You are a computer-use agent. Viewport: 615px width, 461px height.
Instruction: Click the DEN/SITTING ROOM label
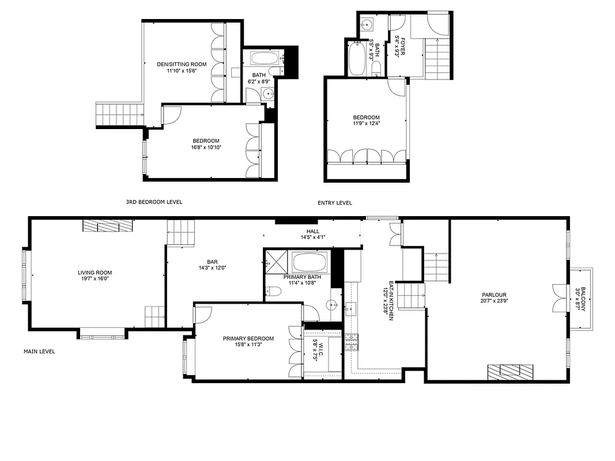tap(182, 64)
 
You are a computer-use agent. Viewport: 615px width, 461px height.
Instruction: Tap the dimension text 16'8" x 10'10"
tap(206, 148)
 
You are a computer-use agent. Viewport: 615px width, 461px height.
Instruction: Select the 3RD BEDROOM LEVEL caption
tap(154, 202)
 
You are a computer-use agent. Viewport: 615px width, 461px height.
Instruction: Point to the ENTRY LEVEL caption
tap(334, 203)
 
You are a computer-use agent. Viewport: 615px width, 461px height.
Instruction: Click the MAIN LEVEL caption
tap(39, 351)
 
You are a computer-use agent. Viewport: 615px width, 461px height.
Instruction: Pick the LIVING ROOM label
tap(95, 273)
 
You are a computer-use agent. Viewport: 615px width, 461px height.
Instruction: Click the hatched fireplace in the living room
tap(108, 225)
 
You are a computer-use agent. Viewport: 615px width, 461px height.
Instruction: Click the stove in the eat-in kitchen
tap(351, 342)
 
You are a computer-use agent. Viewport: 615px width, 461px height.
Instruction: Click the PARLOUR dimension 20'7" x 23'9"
tap(495, 301)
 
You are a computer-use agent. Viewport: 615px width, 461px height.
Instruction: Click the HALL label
tap(313, 231)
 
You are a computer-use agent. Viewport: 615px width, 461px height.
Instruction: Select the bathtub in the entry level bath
tap(356, 59)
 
